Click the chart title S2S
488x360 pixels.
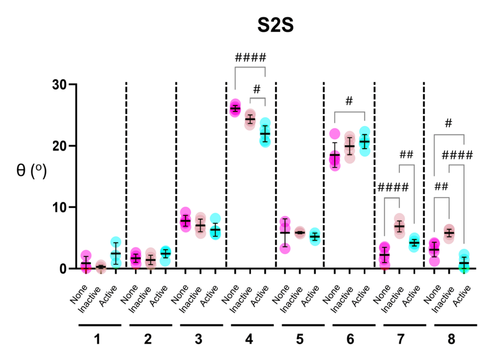276,26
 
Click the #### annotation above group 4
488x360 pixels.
250,57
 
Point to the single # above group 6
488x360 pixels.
349,101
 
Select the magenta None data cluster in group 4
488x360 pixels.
235,108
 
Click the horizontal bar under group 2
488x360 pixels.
148,325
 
